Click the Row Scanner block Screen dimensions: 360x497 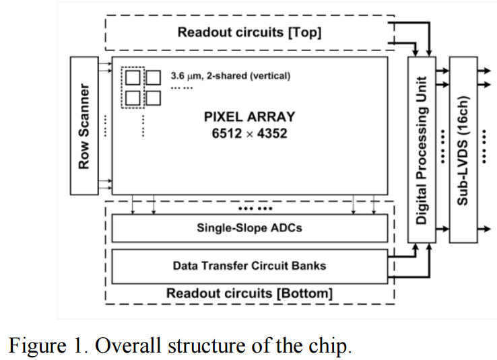coord(85,126)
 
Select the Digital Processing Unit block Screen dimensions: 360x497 coord(422,148)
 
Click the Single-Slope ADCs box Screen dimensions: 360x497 coord(249,227)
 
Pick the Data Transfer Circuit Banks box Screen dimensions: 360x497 coord(249,265)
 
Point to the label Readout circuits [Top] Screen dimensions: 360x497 coord(249,32)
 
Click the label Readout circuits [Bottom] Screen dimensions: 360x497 coord(249,293)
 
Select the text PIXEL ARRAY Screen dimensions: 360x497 coord(249,116)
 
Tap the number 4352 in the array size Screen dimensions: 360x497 coord(272,133)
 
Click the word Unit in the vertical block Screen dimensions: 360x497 coord(422,80)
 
